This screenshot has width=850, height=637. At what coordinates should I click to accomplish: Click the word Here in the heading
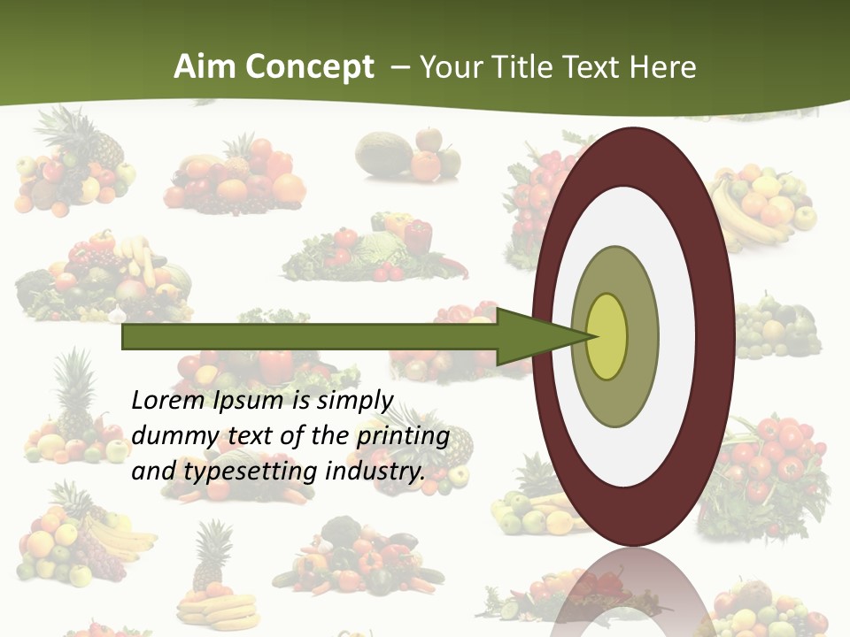(x=663, y=67)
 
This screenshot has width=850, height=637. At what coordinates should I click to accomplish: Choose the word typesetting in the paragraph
(x=251, y=472)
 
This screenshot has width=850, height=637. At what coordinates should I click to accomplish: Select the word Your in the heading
(x=451, y=67)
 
